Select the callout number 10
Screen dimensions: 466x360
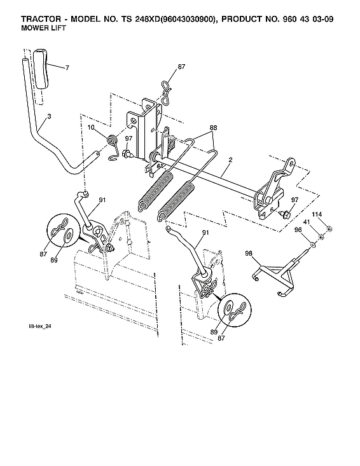[91, 128]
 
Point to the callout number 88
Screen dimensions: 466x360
[212, 128]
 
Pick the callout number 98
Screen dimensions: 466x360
[249, 254]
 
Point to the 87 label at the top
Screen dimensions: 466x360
[182, 67]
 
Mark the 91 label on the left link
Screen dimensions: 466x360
[101, 201]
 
